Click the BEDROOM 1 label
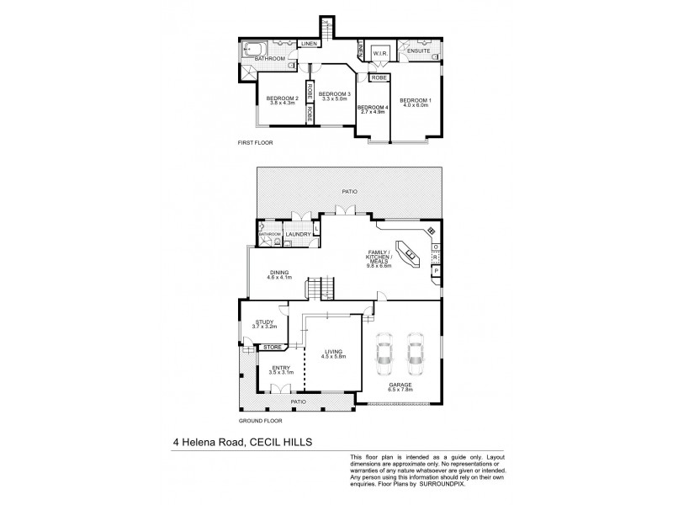pos(416,101)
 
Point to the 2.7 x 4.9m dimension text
pos(371,112)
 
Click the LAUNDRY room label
pos(298,234)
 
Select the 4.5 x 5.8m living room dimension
pos(335,356)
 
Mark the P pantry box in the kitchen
pos(436,271)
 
